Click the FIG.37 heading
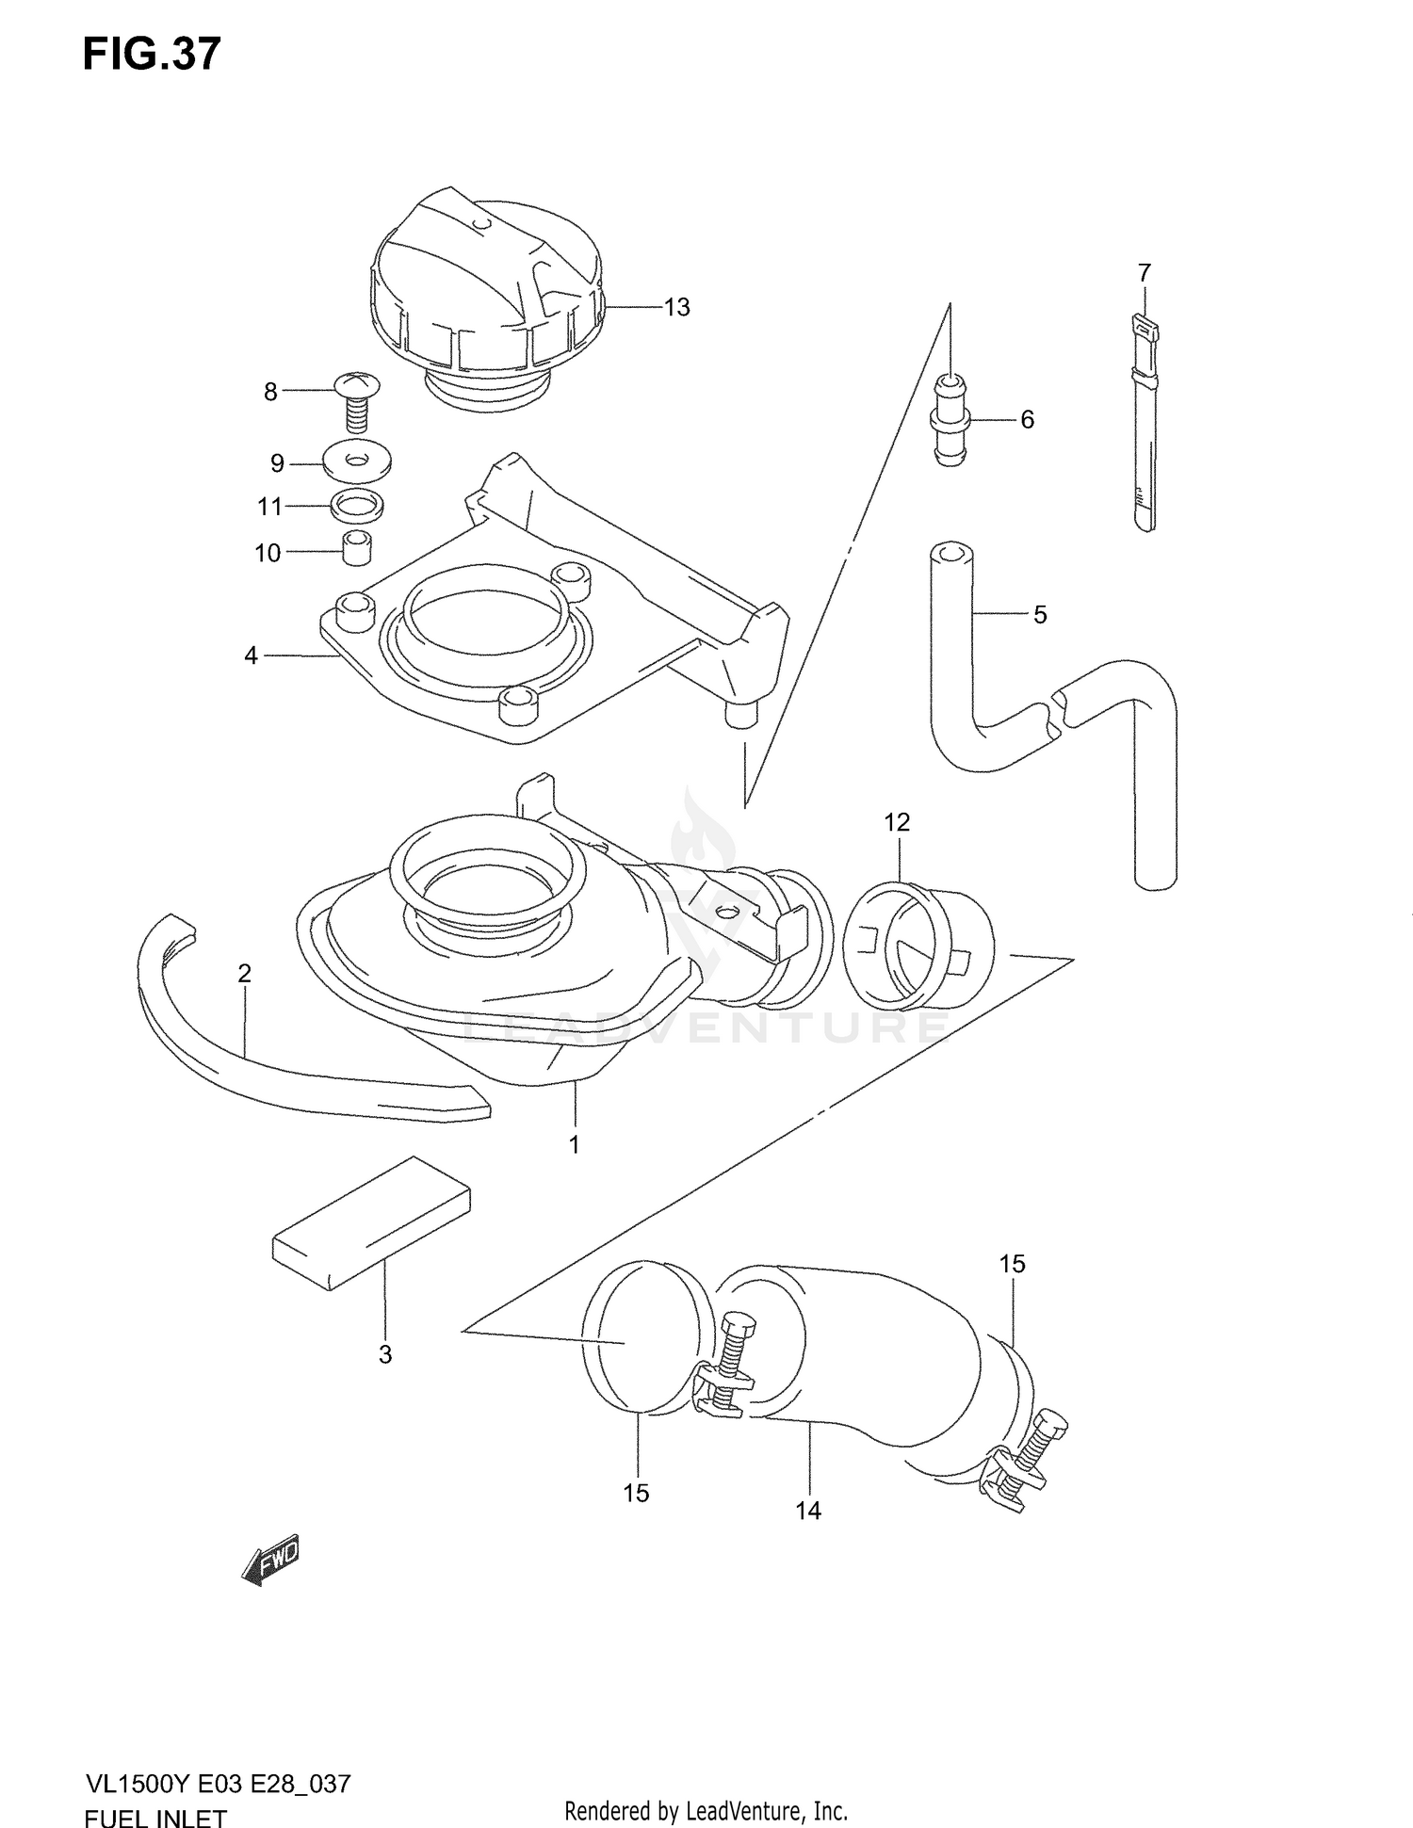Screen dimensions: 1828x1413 (151, 55)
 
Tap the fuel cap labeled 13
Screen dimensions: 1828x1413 (485, 292)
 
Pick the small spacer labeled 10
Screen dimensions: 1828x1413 (355, 548)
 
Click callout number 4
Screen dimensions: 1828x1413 (251, 655)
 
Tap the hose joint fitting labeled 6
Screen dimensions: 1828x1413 (950, 419)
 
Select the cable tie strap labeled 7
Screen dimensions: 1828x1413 (1143, 424)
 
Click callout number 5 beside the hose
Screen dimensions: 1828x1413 (1039, 614)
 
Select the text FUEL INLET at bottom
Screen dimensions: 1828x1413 (155, 1816)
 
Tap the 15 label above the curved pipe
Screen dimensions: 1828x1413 (1012, 1264)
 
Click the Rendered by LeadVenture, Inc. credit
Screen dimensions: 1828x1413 (706, 1810)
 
